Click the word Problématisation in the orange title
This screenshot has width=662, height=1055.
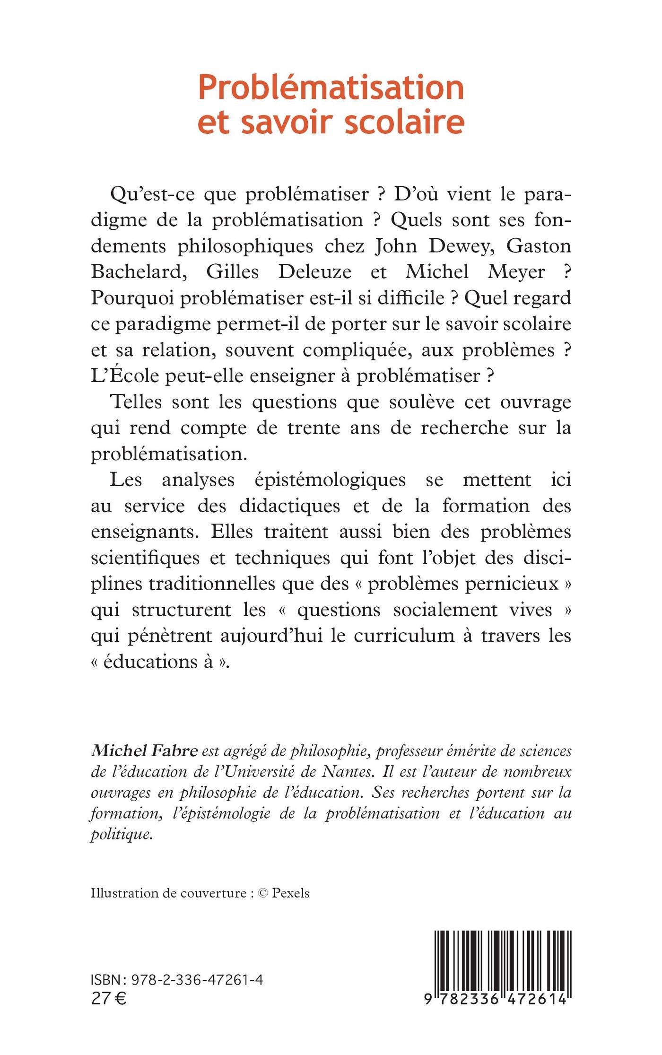tap(331, 89)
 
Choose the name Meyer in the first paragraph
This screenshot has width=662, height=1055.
tap(517, 272)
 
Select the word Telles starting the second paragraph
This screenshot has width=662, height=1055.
tap(136, 402)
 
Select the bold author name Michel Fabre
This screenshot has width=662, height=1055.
tap(144, 751)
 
